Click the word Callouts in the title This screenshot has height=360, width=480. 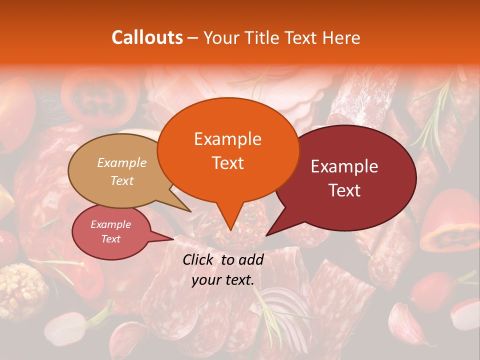[x=147, y=37]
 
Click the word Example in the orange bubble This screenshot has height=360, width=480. [x=227, y=139]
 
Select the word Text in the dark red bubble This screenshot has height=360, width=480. [x=344, y=190]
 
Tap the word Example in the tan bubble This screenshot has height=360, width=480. [x=122, y=162]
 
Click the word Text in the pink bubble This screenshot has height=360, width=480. [x=110, y=239]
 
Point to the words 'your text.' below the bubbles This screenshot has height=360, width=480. [x=223, y=280]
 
